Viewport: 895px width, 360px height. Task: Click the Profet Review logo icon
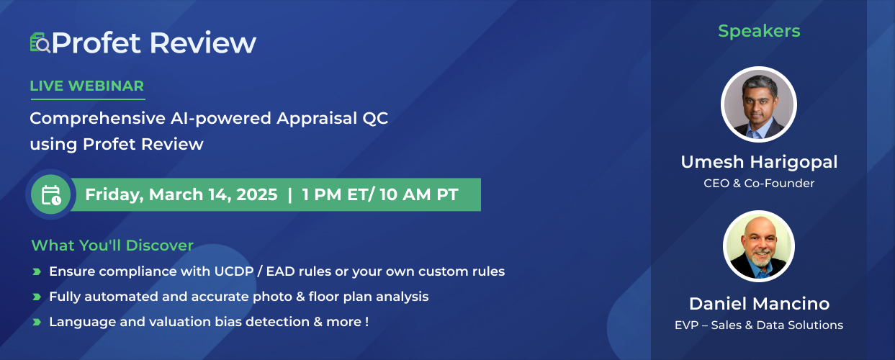(40, 42)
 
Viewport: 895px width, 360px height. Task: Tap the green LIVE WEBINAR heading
(86, 86)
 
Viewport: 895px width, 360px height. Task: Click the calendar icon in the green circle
(51, 195)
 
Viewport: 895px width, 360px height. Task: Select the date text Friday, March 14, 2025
(181, 195)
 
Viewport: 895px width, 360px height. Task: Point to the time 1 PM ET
(336, 194)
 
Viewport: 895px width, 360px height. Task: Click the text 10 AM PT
(419, 194)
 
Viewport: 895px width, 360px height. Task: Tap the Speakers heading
(759, 31)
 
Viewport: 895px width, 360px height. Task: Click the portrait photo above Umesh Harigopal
(759, 104)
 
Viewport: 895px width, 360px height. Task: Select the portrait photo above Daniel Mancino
(759, 246)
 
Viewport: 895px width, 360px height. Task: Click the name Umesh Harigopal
(759, 162)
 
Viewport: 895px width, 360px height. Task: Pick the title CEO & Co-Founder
(759, 184)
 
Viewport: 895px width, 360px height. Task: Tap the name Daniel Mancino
(759, 304)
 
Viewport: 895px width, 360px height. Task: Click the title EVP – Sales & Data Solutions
(759, 325)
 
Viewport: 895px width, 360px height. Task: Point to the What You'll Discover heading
(112, 246)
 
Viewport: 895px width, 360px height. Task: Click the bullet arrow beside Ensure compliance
(37, 272)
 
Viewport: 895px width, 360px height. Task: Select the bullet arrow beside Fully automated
(37, 297)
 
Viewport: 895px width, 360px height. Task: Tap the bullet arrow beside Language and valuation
(37, 322)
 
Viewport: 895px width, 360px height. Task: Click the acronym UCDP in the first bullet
(234, 271)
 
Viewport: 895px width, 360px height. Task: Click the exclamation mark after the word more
(366, 322)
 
